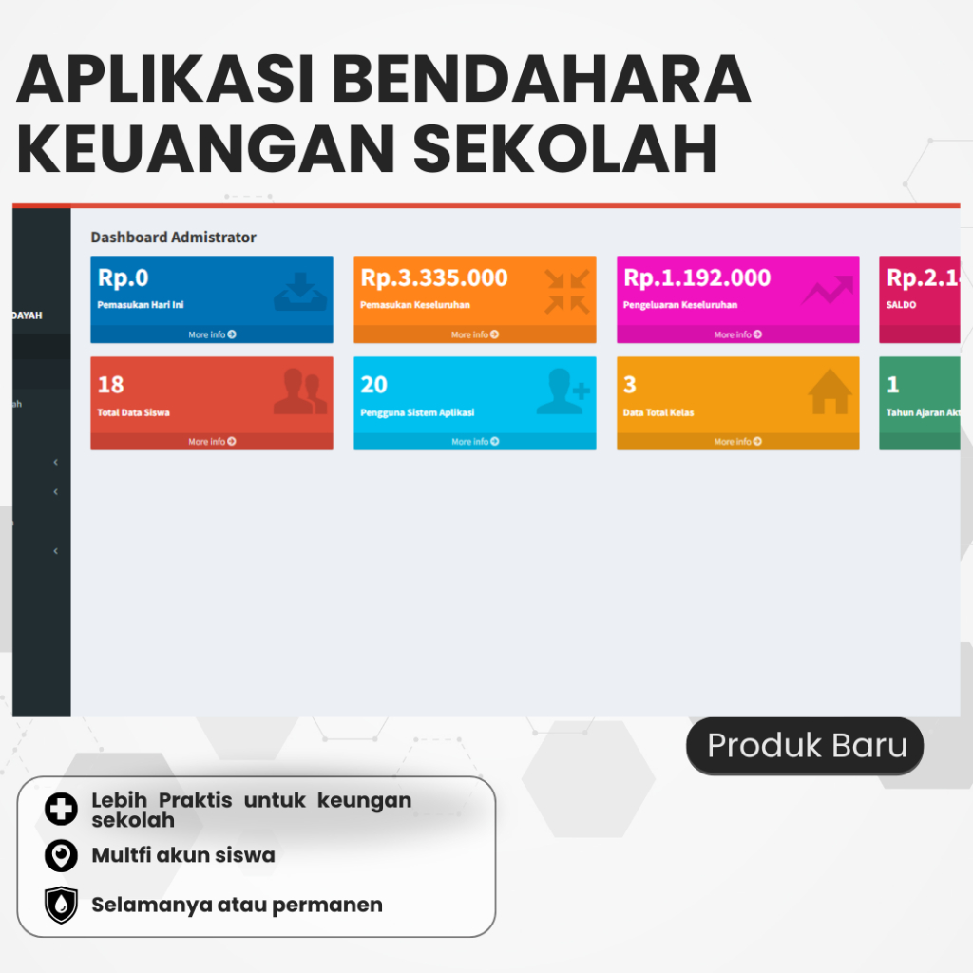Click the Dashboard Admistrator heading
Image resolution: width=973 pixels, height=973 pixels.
[x=173, y=238]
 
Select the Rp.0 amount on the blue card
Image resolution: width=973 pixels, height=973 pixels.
[x=124, y=278]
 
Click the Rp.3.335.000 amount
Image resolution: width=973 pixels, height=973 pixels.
[x=434, y=278]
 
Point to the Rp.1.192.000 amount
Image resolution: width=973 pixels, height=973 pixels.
[x=696, y=278]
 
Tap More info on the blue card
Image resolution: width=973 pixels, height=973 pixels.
[x=211, y=334]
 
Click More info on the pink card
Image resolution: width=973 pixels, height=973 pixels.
[x=737, y=334]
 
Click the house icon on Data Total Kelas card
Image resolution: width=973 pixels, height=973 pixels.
[x=830, y=392]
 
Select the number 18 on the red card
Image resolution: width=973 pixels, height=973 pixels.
[x=111, y=385]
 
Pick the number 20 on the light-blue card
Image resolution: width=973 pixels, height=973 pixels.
[x=374, y=385]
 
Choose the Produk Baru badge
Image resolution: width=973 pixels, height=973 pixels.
[x=806, y=746]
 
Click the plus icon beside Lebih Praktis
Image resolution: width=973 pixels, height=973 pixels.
[x=61, y=809]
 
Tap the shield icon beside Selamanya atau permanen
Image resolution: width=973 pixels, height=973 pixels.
[x=61, y=905]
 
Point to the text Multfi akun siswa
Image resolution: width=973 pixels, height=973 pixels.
[x=182, y=855]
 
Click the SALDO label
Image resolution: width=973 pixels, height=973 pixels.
[x=903, y=306]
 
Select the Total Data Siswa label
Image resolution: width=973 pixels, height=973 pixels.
[x=134, y=413]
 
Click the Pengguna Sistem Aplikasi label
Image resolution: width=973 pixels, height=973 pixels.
[x=417, y=413]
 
